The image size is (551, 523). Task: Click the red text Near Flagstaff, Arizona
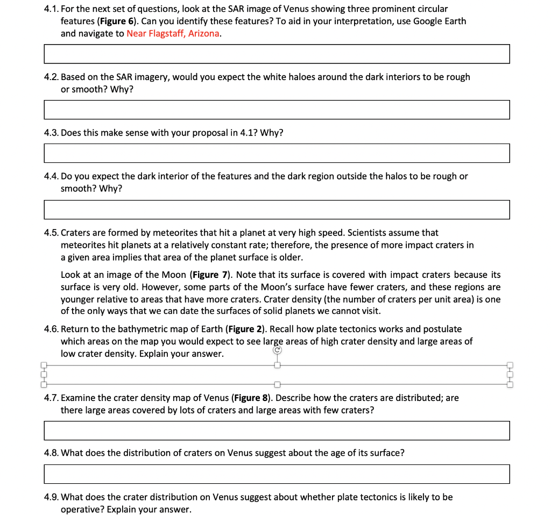(x=173, y=33)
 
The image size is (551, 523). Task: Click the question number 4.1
(x=51, y=9)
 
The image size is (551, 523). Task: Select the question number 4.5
(x=51, y=233)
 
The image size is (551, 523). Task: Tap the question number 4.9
(x=51, y=497)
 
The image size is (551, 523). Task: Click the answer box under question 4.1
(x=277, y=54)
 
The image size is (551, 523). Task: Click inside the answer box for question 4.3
(x=277, y=153)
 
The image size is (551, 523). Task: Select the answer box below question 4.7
(x=277, y=431)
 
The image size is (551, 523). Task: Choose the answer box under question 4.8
(x=277, y=474)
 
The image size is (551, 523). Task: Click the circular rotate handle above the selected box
(x=277, y=350)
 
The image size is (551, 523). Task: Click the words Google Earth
(x=440, y=22)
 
